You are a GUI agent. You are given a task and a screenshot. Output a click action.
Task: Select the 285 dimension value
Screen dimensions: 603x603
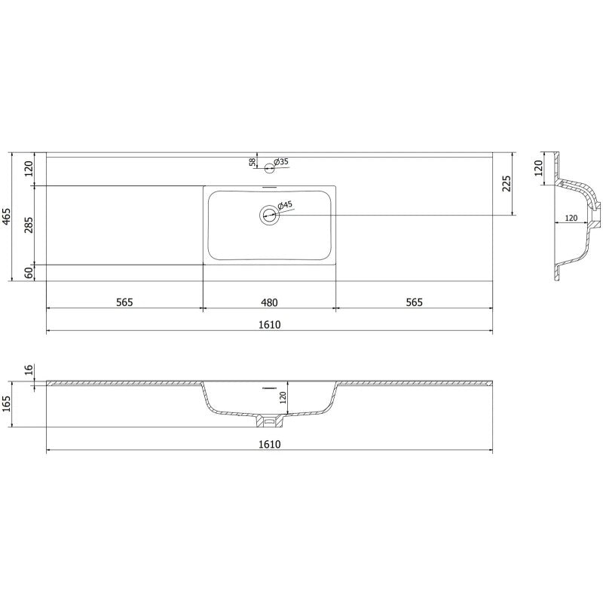(x=29, y=225)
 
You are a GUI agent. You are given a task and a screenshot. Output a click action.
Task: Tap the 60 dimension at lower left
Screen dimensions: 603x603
(x=29, y=273)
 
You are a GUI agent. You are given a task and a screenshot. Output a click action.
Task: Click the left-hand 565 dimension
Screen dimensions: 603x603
(x=124, y=302)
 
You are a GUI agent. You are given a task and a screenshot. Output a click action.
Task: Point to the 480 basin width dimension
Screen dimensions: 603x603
(x=269, y=302)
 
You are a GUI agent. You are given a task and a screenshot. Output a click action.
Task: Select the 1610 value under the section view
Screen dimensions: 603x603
(x=269, y=444)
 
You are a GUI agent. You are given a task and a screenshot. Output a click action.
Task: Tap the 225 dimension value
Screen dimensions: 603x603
(x=507, y=184)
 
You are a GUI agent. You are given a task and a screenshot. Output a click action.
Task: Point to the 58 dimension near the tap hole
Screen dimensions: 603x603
(x=253, y=162)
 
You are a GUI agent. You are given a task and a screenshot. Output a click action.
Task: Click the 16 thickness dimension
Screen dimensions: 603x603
(x=29, y=369)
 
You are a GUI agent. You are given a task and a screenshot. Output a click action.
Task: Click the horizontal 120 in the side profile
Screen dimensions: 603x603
(x=571, y=217)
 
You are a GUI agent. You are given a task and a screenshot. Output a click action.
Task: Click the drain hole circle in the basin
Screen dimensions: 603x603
(x=269, y=216)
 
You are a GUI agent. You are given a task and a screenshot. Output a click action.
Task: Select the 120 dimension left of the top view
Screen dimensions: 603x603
(x=29, y=169)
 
